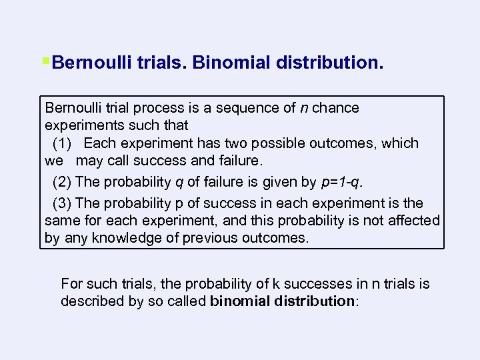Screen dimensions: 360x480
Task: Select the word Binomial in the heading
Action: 227,64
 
